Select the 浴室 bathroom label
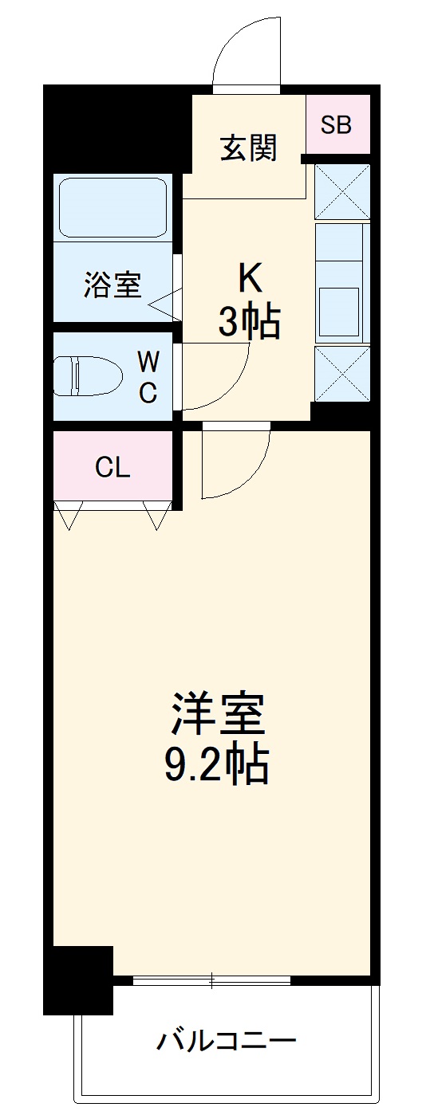coord(112,285)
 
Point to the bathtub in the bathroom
coord(112,206)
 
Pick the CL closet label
coord(112,468)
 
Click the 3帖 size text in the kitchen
coord(249,322)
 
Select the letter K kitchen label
coord(249,279)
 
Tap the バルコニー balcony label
coord(227,1040)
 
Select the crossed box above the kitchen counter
coord(342,191)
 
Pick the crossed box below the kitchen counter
coord(342,373)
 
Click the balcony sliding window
coord(212,980)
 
